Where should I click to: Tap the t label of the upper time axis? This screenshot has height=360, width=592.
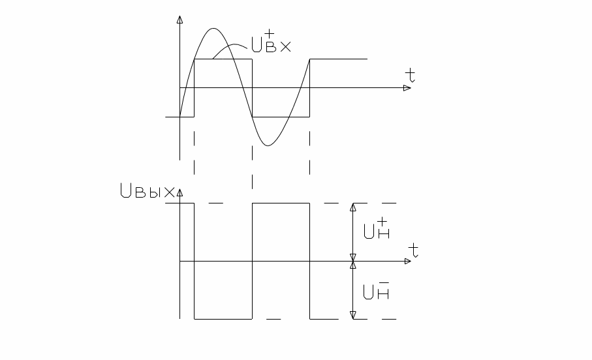pyautogui.click(x=409, y=74)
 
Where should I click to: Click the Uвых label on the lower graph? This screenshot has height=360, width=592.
pyautogui.click(x=147, y=192)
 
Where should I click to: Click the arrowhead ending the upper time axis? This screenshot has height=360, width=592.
pyautogui.click(x=407, y=88)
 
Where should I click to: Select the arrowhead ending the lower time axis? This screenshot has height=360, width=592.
pyautogui.click(x=407, y=261)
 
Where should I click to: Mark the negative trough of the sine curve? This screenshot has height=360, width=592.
pyautogui.click(x=268, y=145)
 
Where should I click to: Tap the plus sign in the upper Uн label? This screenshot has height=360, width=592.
pyautogui.click(x=383, y=222)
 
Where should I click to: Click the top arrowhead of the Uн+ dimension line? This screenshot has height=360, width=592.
pyautogui.click(x=353, y=207)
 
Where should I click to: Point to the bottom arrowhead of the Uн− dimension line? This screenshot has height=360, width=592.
pyautogui.click(x=353, y=315)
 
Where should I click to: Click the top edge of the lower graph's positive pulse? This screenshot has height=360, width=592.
pyautogui.click(x=281, y=203)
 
